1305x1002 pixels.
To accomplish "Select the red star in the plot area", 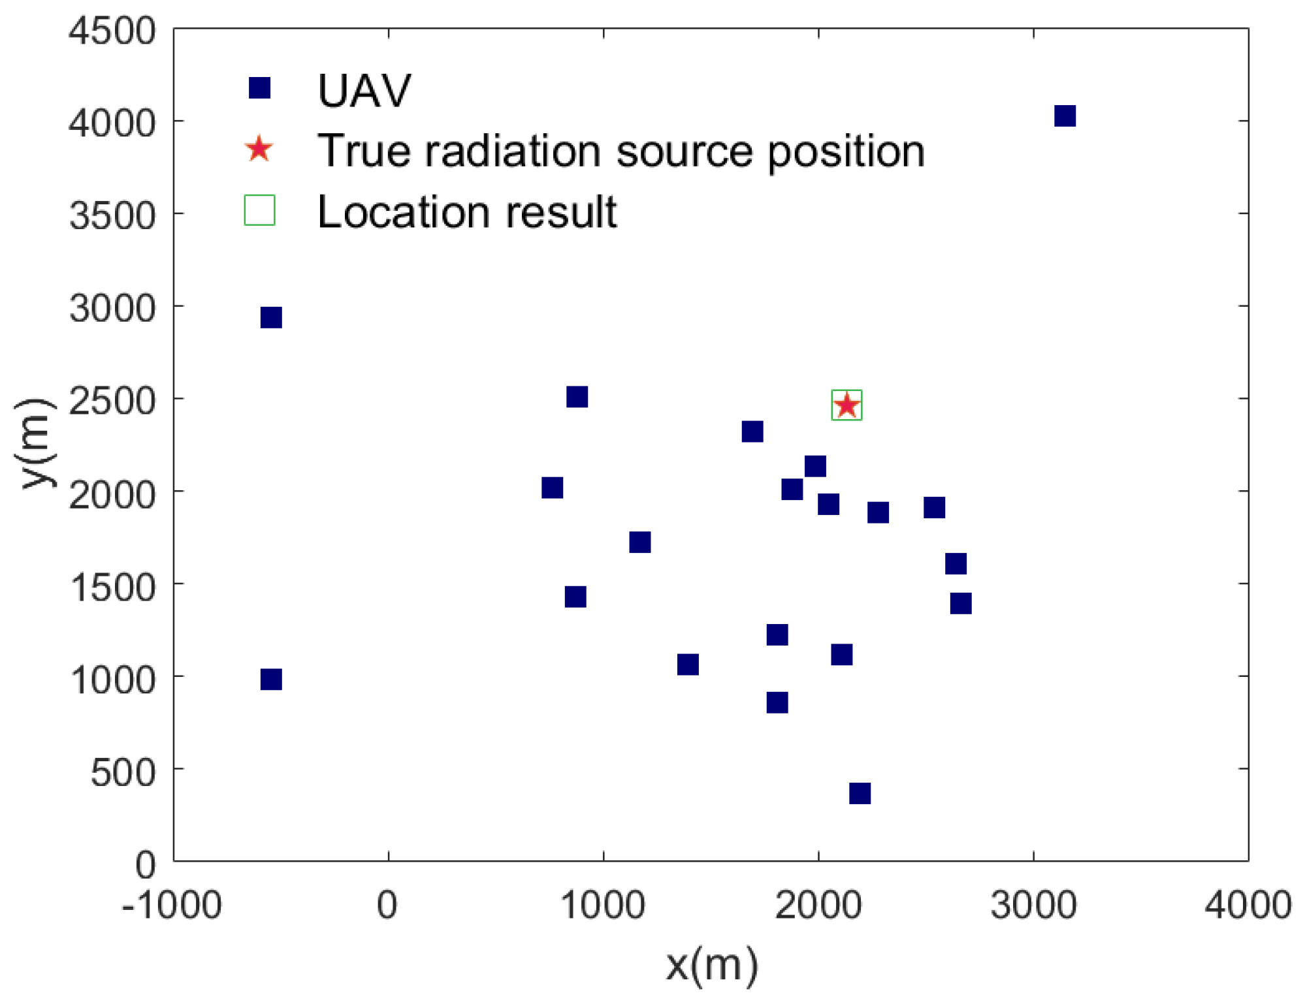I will [x=846, y=405].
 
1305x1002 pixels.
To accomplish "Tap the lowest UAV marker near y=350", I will [x=860, y=793].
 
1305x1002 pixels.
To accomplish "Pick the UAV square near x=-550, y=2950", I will [x=271, y=318].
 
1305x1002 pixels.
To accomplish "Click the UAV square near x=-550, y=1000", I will [x=271, y=680].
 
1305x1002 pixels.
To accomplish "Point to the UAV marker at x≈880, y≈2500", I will [x=577, y=397].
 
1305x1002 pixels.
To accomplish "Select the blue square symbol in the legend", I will [x=259, y=87].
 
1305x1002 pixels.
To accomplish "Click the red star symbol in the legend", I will [x=259, y=149].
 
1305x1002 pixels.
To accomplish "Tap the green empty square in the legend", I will [x=259, y=210].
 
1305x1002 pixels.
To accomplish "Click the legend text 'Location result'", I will [x=466, y=212].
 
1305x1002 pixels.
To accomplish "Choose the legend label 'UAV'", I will [x=364, y=90].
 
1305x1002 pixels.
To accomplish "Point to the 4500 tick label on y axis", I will [x=112, y=31].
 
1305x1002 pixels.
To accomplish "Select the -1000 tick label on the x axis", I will [x=172, y=906].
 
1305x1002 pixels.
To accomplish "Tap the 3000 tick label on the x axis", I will [x=1033, y=906].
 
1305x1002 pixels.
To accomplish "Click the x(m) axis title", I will [x=711, y=965].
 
